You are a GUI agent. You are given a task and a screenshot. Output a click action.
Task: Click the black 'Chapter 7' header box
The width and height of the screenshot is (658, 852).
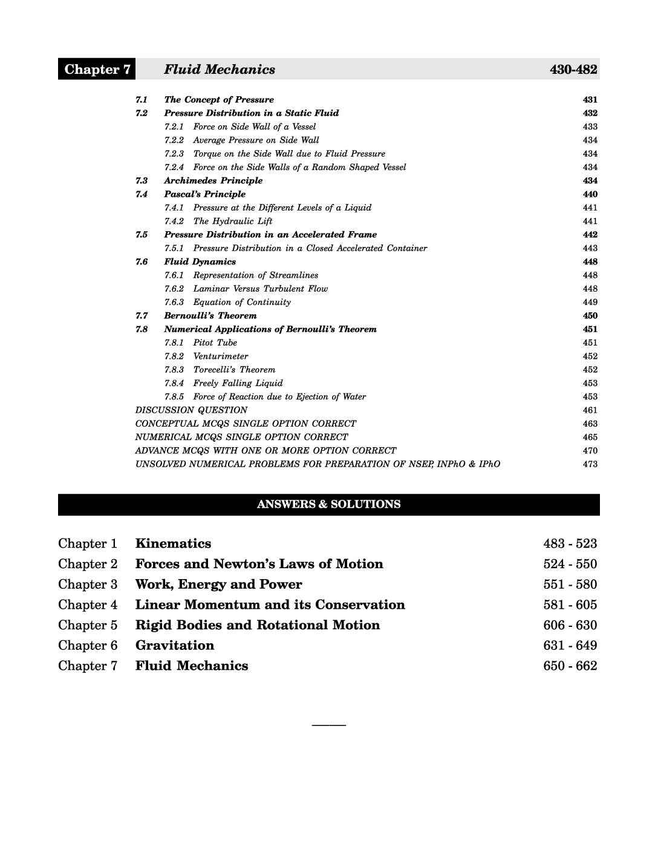[x=97, y=70]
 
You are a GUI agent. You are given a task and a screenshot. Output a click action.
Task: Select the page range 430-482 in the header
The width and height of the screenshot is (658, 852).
[x=573, y=70]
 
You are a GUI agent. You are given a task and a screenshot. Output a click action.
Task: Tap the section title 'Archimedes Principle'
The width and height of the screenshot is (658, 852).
[x=213, y=181]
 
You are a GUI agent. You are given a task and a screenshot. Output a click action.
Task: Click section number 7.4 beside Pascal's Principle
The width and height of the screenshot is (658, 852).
[x=142, y=194]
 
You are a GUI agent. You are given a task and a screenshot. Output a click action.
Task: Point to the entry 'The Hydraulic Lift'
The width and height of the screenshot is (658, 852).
[x=233, y=221]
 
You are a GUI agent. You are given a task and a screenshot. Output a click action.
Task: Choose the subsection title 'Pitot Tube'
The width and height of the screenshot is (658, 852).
[x=215, y=342]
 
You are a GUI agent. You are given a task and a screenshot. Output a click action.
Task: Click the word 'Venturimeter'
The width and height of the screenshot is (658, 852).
[x=220, y=356]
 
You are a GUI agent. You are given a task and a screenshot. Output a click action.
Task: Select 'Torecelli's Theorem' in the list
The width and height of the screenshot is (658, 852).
[x=234, y=370]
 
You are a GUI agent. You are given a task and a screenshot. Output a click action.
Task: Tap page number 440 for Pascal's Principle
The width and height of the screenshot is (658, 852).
[x=590, y=194]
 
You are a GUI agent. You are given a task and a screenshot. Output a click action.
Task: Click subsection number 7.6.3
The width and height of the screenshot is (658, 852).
[x=174, y=302]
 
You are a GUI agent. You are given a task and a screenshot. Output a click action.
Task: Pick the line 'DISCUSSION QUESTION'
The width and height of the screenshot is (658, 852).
[x=191, y=410]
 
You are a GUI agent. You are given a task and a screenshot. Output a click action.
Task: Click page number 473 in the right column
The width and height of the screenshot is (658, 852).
[x=590, y=464]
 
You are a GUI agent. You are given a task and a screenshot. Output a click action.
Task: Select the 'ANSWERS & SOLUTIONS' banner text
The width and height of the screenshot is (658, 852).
[x=328, y=504]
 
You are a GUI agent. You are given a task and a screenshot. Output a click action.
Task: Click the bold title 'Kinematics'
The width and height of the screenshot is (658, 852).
[x=173, y=543]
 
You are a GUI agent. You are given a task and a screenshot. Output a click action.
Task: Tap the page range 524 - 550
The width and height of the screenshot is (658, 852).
[x=570, y=564]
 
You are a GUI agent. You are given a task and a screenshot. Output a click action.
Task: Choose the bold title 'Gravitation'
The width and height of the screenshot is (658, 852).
[x=175, y=645]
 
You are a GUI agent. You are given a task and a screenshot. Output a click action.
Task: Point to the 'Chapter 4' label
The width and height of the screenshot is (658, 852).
[x=88, y=605]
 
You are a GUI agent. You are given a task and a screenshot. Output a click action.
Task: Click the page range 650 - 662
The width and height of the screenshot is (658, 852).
[x=570, y=666]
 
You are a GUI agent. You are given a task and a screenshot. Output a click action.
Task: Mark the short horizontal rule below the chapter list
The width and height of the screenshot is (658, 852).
[x=328, y=724]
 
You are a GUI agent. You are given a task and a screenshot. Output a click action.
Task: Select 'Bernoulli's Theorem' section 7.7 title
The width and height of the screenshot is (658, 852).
[x=210, y=316]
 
